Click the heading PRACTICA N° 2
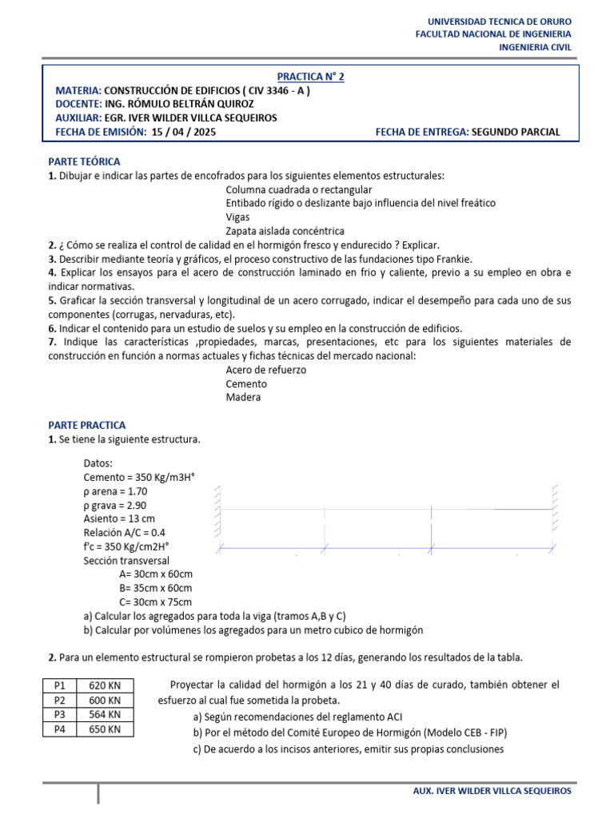tap(310, 77)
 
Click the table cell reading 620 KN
tap(105, 685)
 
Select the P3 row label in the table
tap(59, 714)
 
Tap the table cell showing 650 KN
tap(105, 729)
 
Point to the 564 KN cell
tap(105, 714)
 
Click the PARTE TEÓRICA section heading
tap(84, 161)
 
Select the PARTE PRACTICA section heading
tap(86, 425)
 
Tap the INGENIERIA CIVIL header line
tap(535, 47)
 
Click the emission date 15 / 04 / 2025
tap(183, 132)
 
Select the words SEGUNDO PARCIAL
tap(516, 132)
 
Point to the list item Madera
tap(243, 397)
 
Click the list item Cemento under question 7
tap(246, 383)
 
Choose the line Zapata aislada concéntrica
tap(285, 231)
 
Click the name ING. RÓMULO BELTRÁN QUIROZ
tap(185, 104)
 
